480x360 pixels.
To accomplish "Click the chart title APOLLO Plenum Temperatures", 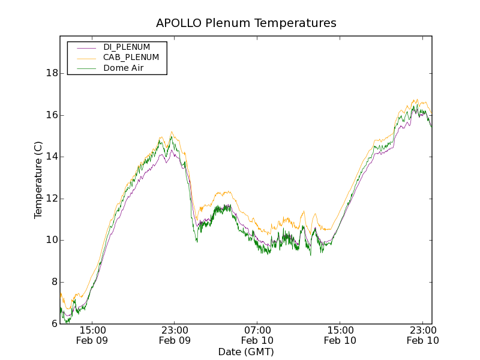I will click(246, 23).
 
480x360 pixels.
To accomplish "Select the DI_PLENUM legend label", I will click(127, 47).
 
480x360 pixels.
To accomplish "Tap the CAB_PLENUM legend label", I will click(131, 58).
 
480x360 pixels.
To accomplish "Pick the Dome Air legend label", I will click(123, 68).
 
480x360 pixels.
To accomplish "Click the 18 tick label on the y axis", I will click(52, 73).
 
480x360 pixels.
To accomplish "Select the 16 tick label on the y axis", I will click(52, 115).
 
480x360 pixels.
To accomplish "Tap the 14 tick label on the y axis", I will click(52, 157).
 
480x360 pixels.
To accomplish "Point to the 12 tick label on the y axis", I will click(52, 199).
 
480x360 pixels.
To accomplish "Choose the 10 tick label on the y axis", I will click(52, 240).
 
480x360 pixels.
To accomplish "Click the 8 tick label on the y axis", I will click(54, 282).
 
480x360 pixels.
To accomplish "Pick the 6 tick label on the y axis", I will click(54, 323).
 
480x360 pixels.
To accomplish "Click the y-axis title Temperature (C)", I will click(38, 180).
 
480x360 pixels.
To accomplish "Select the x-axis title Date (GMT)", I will click(246, 352).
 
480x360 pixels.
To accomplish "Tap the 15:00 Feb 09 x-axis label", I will click(92, 335).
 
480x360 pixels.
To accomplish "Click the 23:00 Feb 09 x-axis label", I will click(175, 335).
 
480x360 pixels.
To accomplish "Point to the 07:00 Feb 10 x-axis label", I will click(257, 335).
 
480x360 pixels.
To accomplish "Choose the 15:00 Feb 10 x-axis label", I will click(340, 335).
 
